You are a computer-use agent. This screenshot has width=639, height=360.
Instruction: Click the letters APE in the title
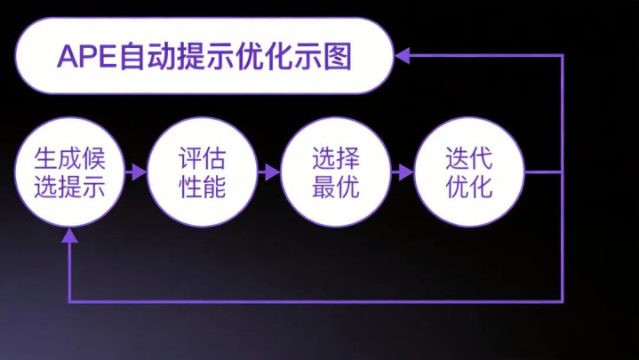(x=87, y=56)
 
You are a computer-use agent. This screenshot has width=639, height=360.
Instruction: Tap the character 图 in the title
(x=338, y=56)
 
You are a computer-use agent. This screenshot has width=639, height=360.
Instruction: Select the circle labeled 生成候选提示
(x=69, y=172)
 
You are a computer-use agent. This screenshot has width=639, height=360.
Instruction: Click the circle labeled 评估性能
(x=203, y=172)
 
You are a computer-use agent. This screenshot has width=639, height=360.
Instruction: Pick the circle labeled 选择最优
(x=336, y=172)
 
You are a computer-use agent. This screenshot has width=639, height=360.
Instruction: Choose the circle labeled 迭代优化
(x=469, y=172)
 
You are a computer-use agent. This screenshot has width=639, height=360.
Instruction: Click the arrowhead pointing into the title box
(x=403, y=56)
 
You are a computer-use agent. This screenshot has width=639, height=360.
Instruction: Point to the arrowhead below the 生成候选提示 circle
(x=69, y=236)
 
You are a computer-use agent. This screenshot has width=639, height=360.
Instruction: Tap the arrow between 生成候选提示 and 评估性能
(x=136, y=172)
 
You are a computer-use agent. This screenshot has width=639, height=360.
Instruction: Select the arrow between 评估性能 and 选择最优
(x=269, y=172)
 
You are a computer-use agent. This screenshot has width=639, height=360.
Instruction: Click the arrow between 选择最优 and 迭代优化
(x=403, y=172)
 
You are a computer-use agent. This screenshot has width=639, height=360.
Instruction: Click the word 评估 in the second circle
(x=202, y=158)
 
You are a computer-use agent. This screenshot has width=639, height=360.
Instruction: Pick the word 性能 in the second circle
(x=202, y=187)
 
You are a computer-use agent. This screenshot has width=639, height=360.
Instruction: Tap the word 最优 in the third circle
(x=336, y=187)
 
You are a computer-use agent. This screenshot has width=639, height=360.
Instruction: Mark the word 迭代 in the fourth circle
(x=469, y=158)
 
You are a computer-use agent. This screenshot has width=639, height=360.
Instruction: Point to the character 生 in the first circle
(x=45, y=158)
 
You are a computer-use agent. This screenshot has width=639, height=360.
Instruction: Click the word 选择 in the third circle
(x=336, y=158)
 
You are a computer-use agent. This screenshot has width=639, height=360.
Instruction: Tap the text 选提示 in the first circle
(x=69, y=187)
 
